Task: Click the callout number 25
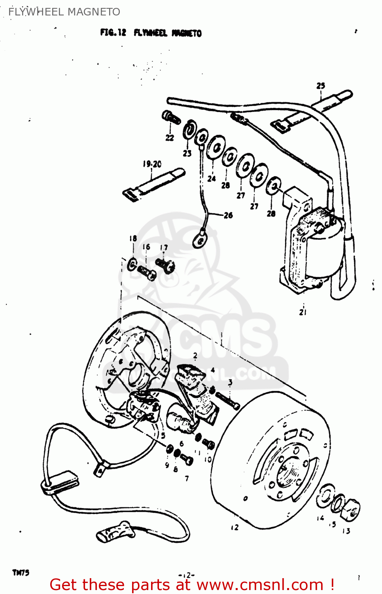pyautogui.click(x=321, y=86)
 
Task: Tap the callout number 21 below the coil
pyautogui.click(x=303, y=312)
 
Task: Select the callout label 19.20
pyautogui.click(x=152, y=164)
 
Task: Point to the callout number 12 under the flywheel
pyautogui.click(x=235, y=527)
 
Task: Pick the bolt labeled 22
pyautogui.click(x=171, y=118)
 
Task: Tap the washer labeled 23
pyautogui.click(x=190, y=129)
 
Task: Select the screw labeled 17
pyautogui.click(x=165, y=265)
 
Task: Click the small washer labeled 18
pyautogui.click(x=132, y=264)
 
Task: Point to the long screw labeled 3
pyautogui.click(x=228, y=400)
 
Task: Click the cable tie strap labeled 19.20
pyautogui.click(x=153, y=183)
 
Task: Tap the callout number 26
pyautogui.click(x=228, y=215)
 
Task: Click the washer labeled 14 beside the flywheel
pyautogui.click(x=325, y=495)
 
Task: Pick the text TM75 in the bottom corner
pyautogui.click(x=21, y=573)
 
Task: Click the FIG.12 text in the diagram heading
pyautogui.click(x=113, y=33)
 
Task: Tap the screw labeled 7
pyautogui.click(x=186, y=459)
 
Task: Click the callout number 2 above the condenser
pyautogui.click(x=195, y=356)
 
